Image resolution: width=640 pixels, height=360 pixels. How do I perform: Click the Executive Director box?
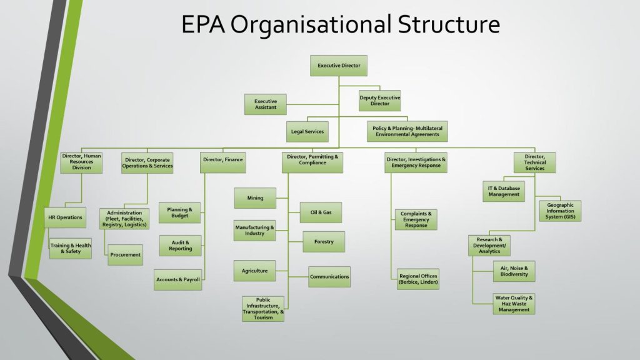339,65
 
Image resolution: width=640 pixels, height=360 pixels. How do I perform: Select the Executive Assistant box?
266,104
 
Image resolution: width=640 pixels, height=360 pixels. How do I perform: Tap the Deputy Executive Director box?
379,101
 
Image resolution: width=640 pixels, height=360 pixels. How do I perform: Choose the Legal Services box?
307,131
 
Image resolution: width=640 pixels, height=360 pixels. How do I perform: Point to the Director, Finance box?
223,162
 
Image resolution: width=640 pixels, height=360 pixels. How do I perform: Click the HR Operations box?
65,217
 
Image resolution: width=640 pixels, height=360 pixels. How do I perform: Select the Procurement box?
125,255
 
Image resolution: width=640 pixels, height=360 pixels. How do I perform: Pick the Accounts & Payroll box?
178,279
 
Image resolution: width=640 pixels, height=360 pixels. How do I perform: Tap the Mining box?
255,198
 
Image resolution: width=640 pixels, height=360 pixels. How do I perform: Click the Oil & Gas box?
321,212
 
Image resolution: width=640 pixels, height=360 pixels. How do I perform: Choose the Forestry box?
324,242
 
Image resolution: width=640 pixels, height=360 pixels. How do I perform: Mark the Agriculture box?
255,271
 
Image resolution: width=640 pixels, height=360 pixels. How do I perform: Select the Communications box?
329,277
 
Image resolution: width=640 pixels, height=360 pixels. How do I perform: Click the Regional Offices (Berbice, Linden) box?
418,279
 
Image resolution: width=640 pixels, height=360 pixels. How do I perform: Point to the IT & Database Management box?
504,191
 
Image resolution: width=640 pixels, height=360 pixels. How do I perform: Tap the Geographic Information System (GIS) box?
560,211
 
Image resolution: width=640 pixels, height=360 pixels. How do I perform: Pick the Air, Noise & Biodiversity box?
514,271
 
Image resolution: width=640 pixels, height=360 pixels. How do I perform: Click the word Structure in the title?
449,24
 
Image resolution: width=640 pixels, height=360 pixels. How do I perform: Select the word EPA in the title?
203,24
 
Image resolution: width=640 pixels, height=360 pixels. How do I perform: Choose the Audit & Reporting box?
181,246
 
